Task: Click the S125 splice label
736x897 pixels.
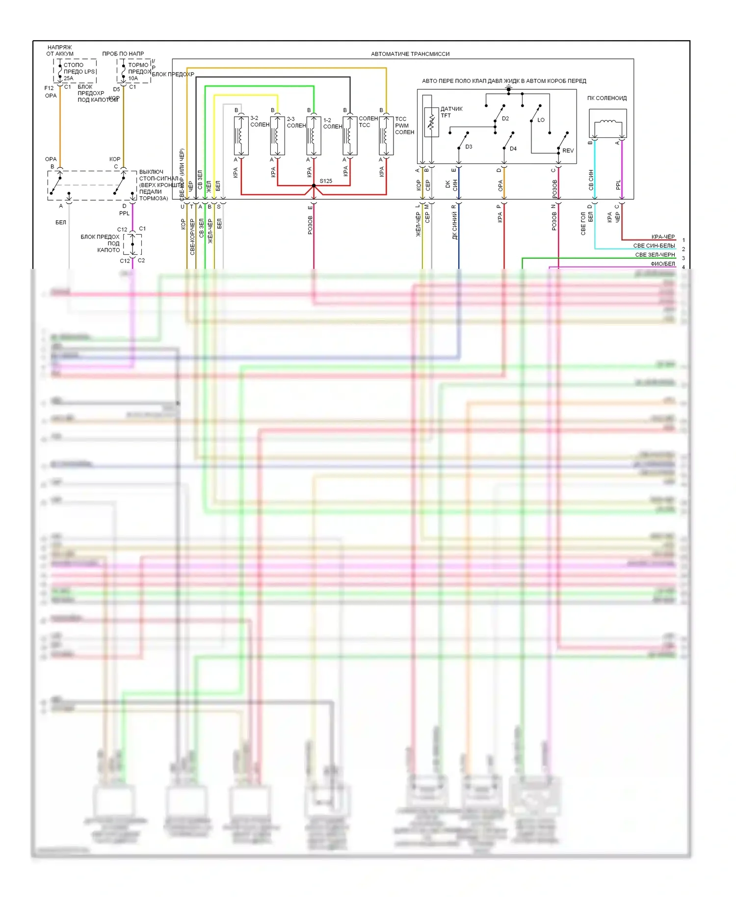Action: pos(326,181)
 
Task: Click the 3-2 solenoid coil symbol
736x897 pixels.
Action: pos(241,135)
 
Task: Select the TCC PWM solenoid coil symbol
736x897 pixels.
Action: pos(386,135)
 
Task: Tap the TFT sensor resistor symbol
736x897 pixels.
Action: pos(431,122)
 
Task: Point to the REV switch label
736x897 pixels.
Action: pos(568,151)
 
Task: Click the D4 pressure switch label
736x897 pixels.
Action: pos(513,149)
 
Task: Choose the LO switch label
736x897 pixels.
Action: pos(541,120)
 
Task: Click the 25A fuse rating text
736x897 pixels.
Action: pos(69,79)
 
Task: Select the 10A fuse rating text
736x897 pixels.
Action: pos(133,79)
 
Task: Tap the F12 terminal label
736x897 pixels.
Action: pos(49,88)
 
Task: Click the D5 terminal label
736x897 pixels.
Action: pos(116,89)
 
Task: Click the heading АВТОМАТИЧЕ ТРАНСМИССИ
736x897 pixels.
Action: pos(410,54)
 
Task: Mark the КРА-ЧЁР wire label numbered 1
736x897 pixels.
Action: pos(663,237)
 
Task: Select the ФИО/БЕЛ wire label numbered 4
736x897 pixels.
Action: pos(663,264)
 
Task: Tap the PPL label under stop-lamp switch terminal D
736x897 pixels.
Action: pos(125,213)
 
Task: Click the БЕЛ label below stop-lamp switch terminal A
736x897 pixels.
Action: pos(61,222)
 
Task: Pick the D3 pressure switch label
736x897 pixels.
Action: pos(469,147)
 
